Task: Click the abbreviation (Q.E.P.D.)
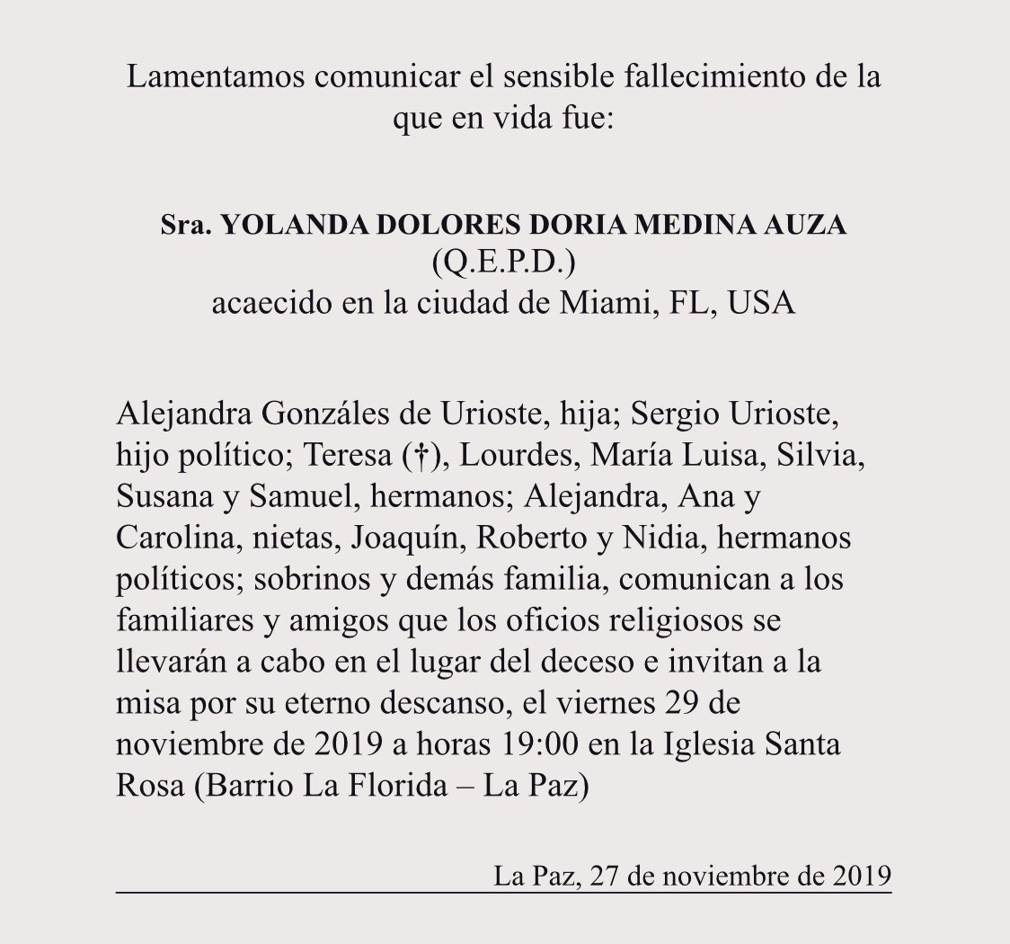tap(504, 264)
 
